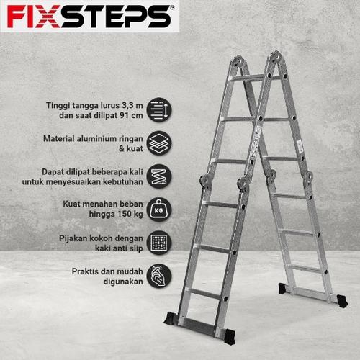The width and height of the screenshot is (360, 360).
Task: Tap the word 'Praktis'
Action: point(86,271)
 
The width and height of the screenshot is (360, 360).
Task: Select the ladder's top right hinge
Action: point(274,57)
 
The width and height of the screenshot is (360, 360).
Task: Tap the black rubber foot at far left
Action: point(171,318)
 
